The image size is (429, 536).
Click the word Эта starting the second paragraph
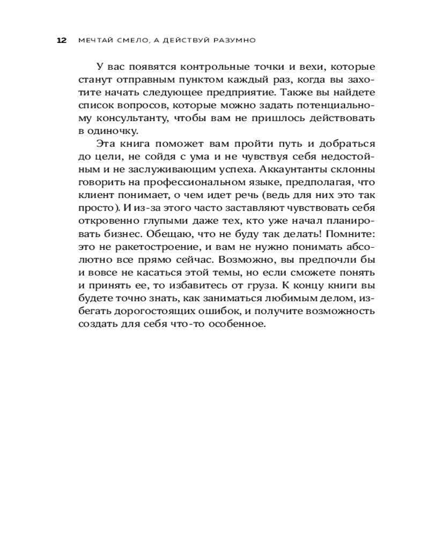click(x=106, y=144)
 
